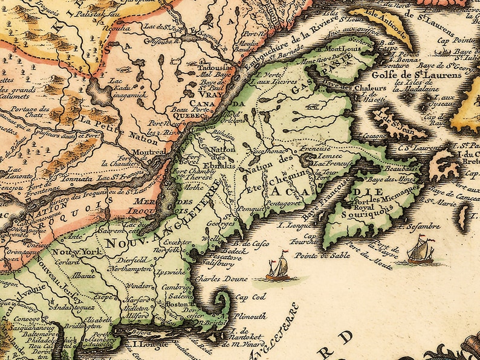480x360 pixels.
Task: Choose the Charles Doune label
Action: pyautogui.click(x=216, y=280)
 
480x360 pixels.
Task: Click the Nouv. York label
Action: pyautogui.click(x=70, y=251)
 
